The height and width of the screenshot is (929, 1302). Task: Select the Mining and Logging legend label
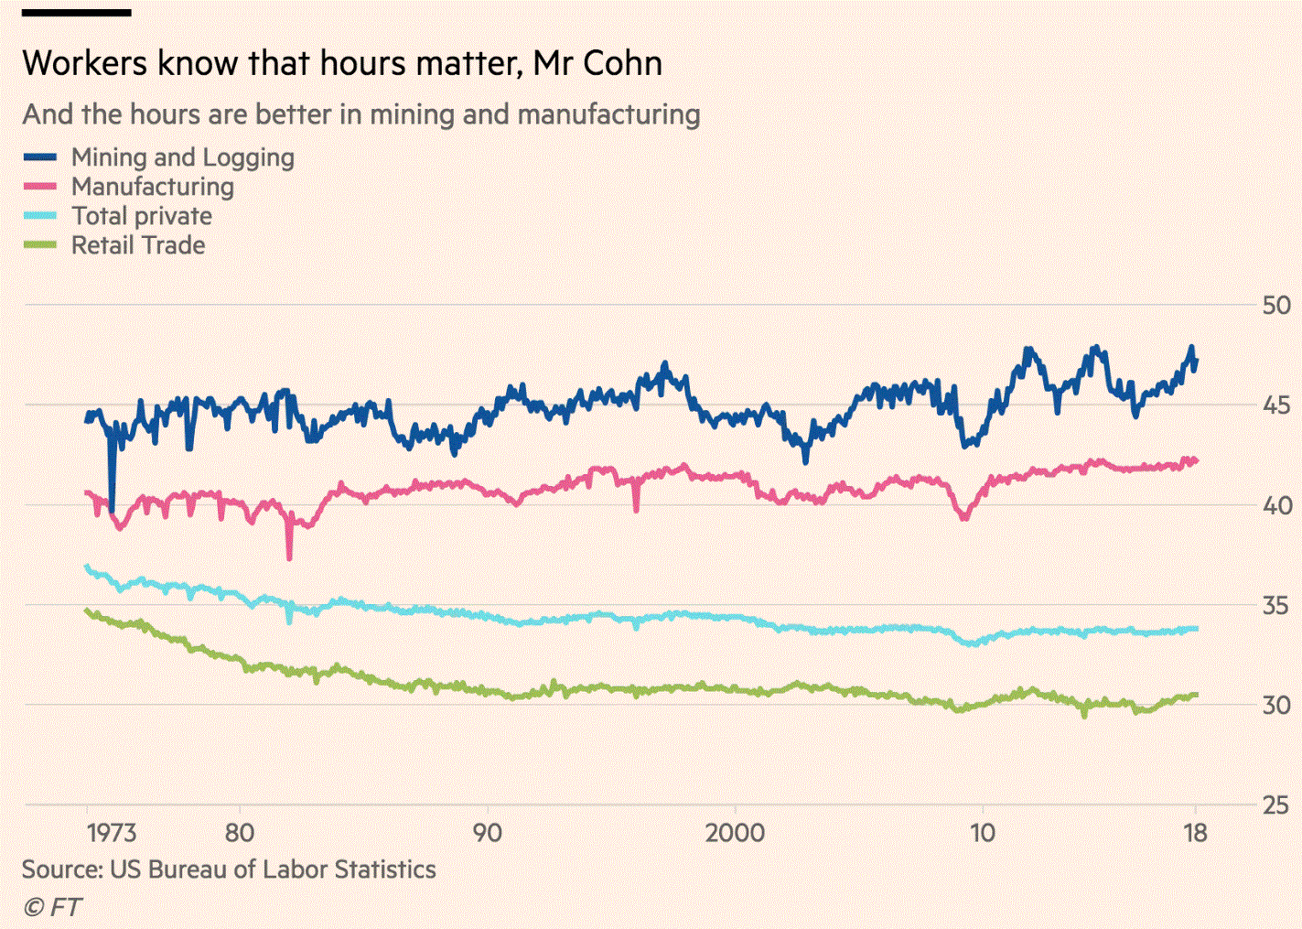183,157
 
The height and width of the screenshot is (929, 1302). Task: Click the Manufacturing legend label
153,187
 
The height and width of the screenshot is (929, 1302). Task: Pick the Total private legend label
142,216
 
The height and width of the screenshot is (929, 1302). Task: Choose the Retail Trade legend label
138,245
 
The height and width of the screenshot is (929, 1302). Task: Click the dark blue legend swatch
40,157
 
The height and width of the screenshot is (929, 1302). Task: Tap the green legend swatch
40,245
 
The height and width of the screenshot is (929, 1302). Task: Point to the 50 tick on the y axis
1275,306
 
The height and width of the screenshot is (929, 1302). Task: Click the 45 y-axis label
1275,405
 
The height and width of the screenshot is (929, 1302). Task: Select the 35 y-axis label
1275,606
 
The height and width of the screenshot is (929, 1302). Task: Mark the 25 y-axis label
1275,805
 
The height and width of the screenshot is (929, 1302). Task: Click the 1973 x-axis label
112,833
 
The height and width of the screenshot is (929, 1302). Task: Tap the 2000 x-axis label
735,833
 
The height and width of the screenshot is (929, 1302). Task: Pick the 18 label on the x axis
1195,833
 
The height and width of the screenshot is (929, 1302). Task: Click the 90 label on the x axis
487,833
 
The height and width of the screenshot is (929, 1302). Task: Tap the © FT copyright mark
52,907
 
